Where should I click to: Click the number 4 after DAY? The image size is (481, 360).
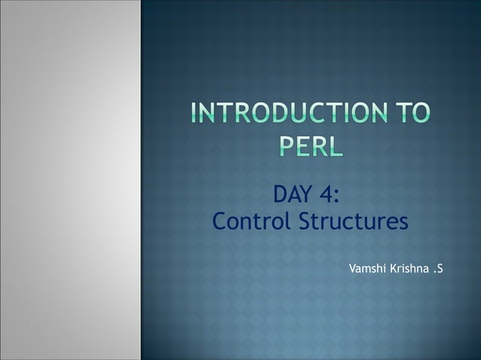pos(326,196)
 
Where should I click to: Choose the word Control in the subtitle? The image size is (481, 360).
pos(253,224)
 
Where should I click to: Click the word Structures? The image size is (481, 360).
pos(354,224)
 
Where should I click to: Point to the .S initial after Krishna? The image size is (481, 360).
pos(438,268)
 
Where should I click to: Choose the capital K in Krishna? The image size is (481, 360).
pos(392,268)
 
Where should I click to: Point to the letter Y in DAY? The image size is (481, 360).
pos(308,196)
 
